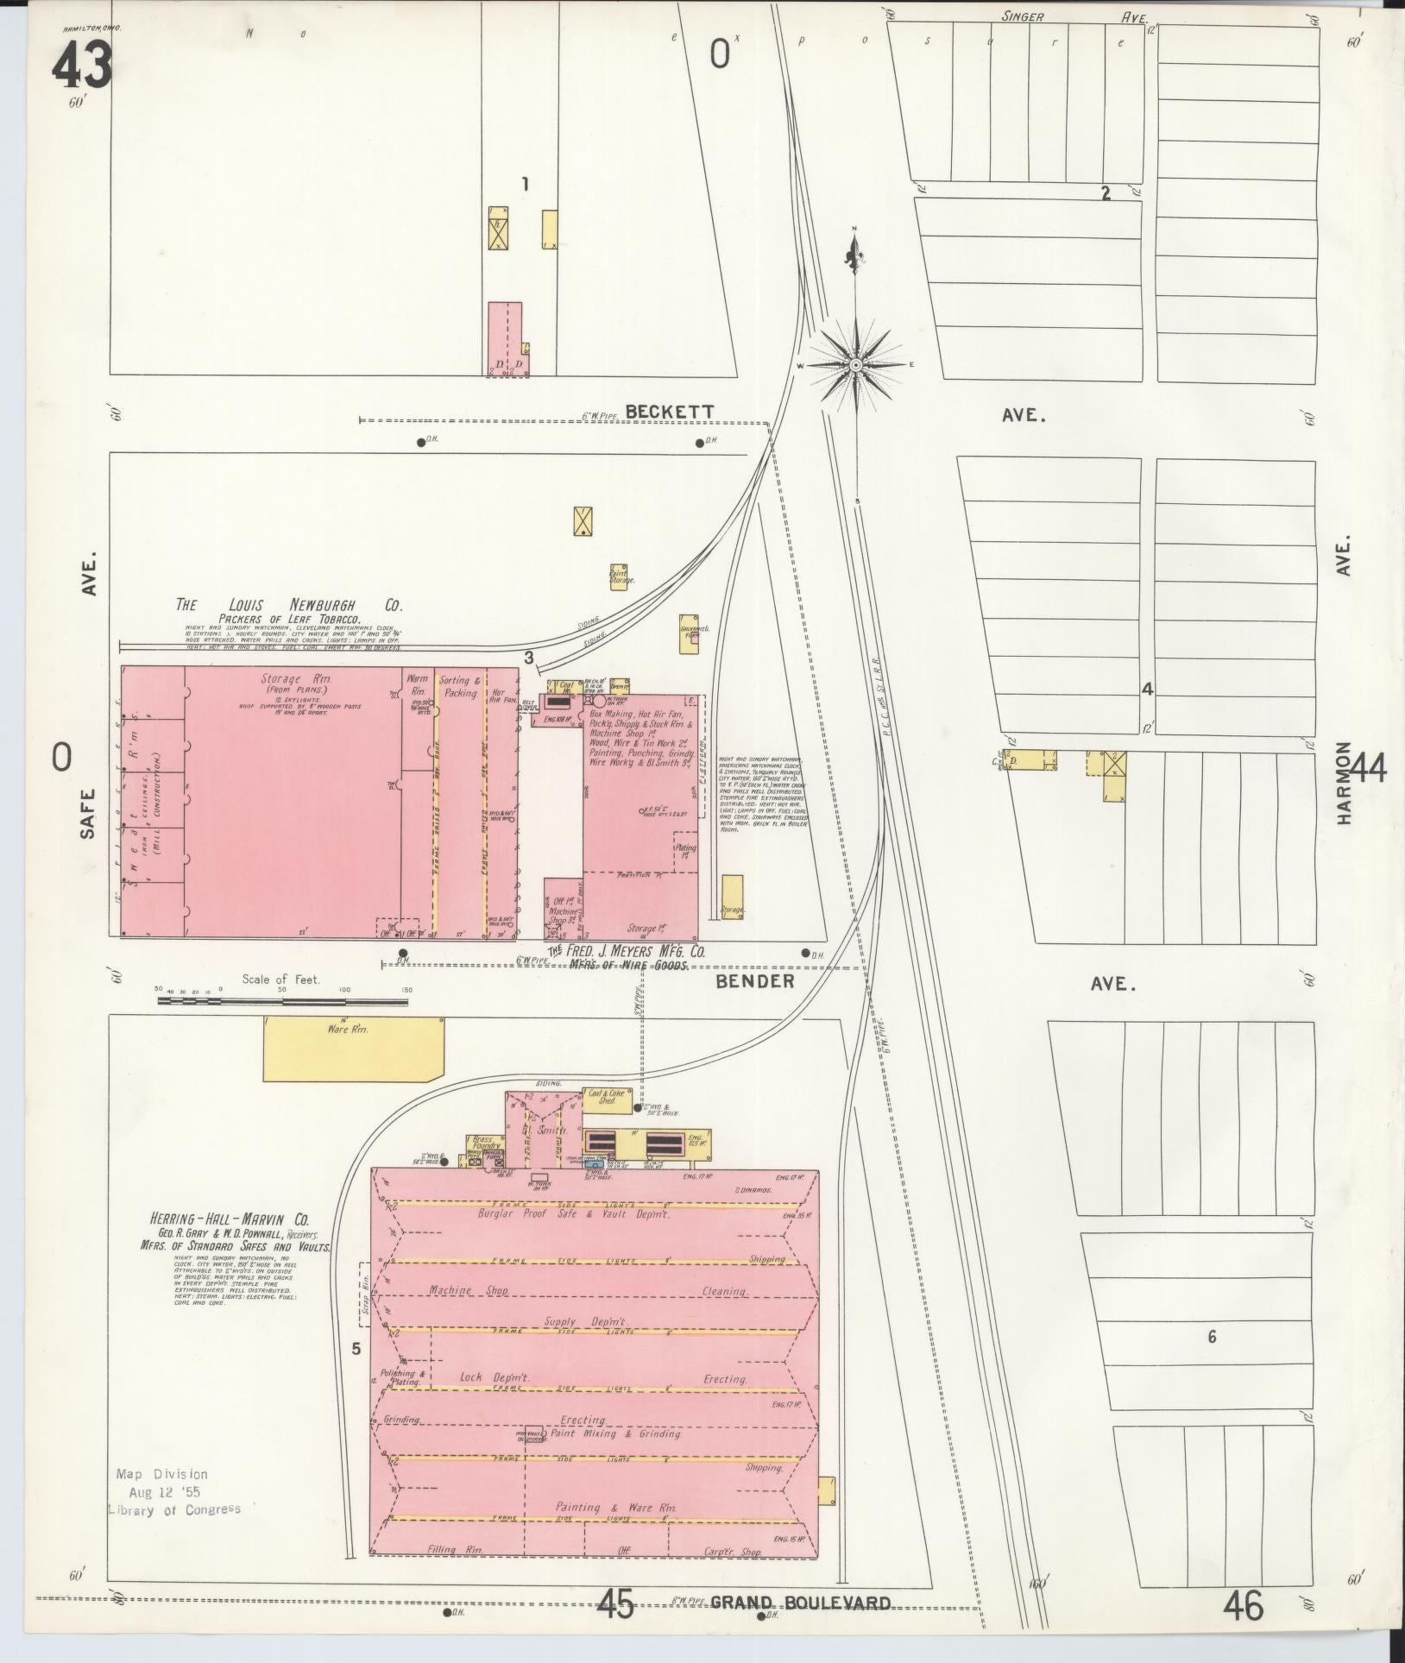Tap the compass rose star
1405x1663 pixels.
pos(855,365)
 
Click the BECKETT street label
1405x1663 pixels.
pos(670,413)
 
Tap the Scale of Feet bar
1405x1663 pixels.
pos(282,1002)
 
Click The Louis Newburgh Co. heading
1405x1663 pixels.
pos(289,606)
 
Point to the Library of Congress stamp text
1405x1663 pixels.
pos(174,1509)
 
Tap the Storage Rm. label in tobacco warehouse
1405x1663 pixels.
pos(291,679)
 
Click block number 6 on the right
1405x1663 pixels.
pos(1212,1338)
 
